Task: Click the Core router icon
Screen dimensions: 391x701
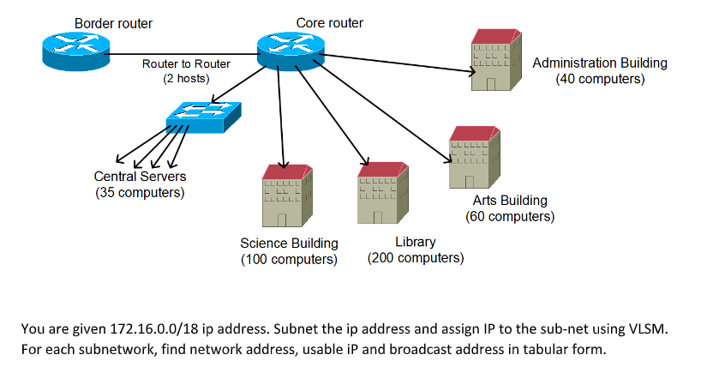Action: [291, 52]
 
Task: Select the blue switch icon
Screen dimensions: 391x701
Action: [203, 117]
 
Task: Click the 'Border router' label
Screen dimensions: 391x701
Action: [114, 22]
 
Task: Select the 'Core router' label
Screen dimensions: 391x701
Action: [329, 22]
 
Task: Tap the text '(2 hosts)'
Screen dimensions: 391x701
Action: [186, 79]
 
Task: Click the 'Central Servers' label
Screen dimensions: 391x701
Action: [140, 177]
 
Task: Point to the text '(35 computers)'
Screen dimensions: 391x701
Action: [140, 192]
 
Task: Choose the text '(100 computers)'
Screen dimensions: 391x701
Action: [289, 258]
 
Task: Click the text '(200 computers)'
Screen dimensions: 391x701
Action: [415, 257]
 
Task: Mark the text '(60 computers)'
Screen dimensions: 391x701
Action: [510, 216]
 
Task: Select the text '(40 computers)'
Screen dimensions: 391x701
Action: [600, 79]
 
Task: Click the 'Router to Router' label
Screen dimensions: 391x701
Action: [186, 63]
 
